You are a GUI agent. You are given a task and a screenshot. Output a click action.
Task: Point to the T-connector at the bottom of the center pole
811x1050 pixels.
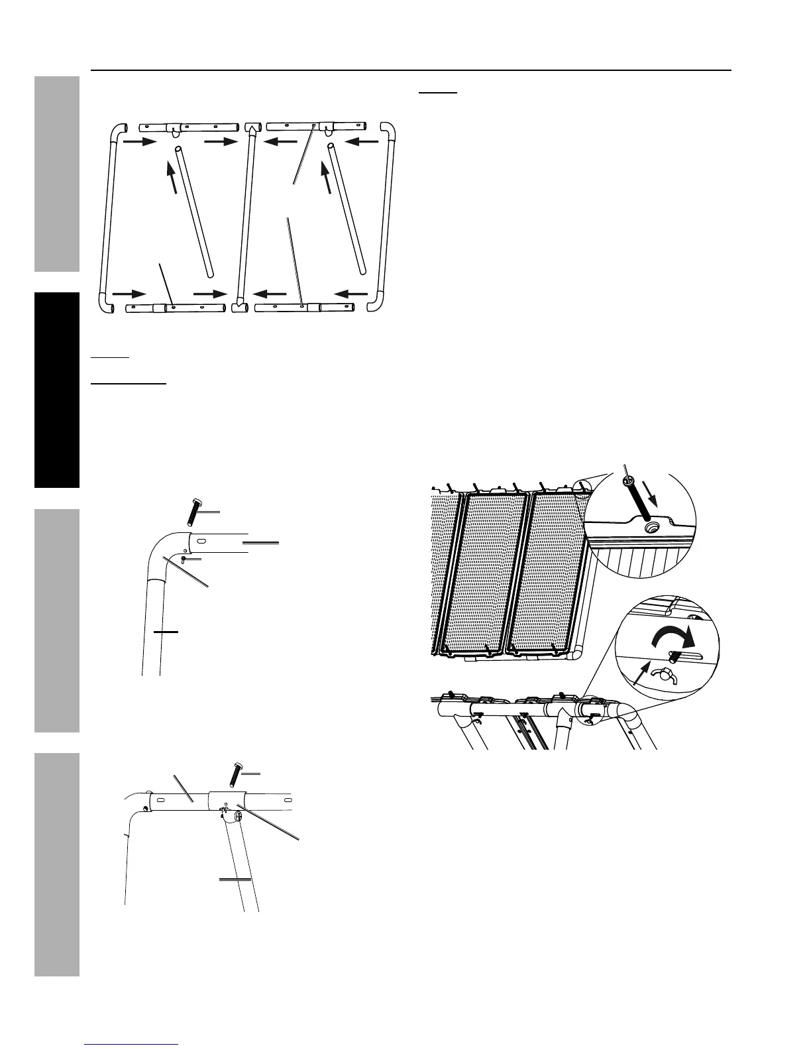click(x=239, y=307)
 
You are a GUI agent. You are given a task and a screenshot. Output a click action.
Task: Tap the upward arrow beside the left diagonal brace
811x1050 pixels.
click(x=172, y=170)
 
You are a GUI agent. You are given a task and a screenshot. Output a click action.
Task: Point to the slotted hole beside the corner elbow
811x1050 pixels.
click(x=201, y=542)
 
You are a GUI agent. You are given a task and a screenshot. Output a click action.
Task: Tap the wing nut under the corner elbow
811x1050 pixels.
click(x=186, y=559)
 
